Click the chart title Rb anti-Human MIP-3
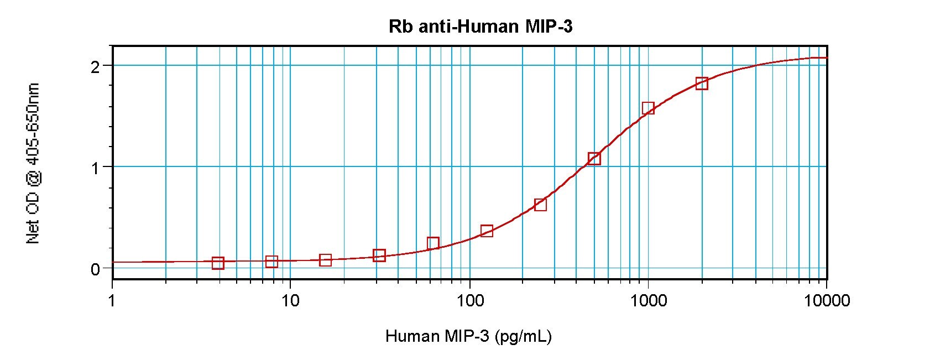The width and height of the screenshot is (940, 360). [x=481, y=27]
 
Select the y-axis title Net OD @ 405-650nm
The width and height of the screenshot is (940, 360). [x=33, y=163]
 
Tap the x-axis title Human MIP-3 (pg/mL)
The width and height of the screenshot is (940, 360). [x=468, y=336]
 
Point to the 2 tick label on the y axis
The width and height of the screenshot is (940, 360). [x=95, y=66]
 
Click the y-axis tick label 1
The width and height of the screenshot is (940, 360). [x=95, y=168]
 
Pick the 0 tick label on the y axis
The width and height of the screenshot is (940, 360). [x=95, y=269]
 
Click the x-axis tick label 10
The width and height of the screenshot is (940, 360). [x=290, y=300]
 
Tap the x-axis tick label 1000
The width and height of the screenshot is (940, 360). [x=649, y=300]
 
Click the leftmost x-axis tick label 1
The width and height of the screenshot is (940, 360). [x=112, y=300]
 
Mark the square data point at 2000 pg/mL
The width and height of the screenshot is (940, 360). [x=702, y=84]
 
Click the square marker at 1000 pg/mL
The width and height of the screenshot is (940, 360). [x=648, y=108]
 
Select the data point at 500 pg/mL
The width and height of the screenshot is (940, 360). [x=594, y=159]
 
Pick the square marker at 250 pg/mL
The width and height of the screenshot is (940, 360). [x=541, y=205]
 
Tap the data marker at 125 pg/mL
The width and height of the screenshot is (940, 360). [x=487, y=231]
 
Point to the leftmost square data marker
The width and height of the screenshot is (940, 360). [x=218, y=263]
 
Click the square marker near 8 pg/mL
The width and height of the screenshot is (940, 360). [x=271, y=262]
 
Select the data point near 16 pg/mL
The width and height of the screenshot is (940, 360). [x=325, y=260]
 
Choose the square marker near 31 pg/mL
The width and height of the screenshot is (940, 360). [x=379, y=255]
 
